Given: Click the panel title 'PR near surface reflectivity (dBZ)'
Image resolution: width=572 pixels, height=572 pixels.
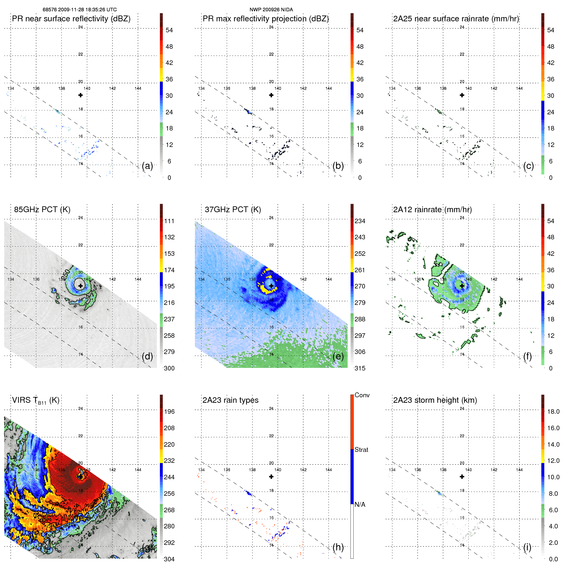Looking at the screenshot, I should pyautogui.click(x=71, y=19).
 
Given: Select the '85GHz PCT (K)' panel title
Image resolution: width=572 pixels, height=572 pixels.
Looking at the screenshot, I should pyautogui.click(x=42, y=209).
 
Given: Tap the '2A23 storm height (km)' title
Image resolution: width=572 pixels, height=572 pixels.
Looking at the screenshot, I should pyautogui.click(x=435, y=400).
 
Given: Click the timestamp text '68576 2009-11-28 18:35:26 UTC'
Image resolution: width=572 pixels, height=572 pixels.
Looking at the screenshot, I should pyautogui.click(x=80, y=10).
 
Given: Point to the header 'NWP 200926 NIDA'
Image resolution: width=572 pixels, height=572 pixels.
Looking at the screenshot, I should pyautogui.click(x=271, y=10).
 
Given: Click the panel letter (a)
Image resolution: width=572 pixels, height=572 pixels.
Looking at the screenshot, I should pyautogui.click(x=147, y=166).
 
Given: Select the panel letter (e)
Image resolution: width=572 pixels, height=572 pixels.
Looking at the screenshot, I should pyautogui.click(x=338, y=356).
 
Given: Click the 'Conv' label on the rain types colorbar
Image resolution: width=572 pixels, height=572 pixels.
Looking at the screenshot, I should pyautogui.click(x=362, y=395).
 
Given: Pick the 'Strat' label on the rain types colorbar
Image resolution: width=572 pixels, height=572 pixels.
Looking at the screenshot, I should pyautogui.click(x=361, y=450).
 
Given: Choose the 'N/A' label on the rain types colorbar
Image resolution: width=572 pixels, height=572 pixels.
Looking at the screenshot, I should pyautogui.click(x=360, y=504).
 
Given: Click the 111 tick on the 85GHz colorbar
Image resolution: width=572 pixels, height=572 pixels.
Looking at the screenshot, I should pyautogui.click(x=169, y=221).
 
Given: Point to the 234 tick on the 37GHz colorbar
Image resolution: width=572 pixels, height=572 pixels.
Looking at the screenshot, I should pyautogui.click(x=360, y=221).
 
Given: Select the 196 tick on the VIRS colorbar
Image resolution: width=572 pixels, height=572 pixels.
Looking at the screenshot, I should pyautogui.click(x=169, y=411).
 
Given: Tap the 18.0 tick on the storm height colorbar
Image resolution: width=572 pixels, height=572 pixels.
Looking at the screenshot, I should pyautogui.click(x=553, y=411).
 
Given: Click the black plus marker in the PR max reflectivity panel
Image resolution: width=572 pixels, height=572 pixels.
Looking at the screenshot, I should pyautogui.click(x=271, y=95).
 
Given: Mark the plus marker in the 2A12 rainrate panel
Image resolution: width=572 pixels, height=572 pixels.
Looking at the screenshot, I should pyautogui.click(x=462, y=286).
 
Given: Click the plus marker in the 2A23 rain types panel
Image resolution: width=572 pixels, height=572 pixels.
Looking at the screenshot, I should pyautogui.click(x=271, y=476).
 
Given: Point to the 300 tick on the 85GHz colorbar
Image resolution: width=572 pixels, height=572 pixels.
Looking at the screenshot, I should pyautogui.click(x=169, y=368).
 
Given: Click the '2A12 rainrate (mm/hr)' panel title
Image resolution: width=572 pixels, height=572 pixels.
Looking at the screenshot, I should pyautogui.click(x=432, y=209).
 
